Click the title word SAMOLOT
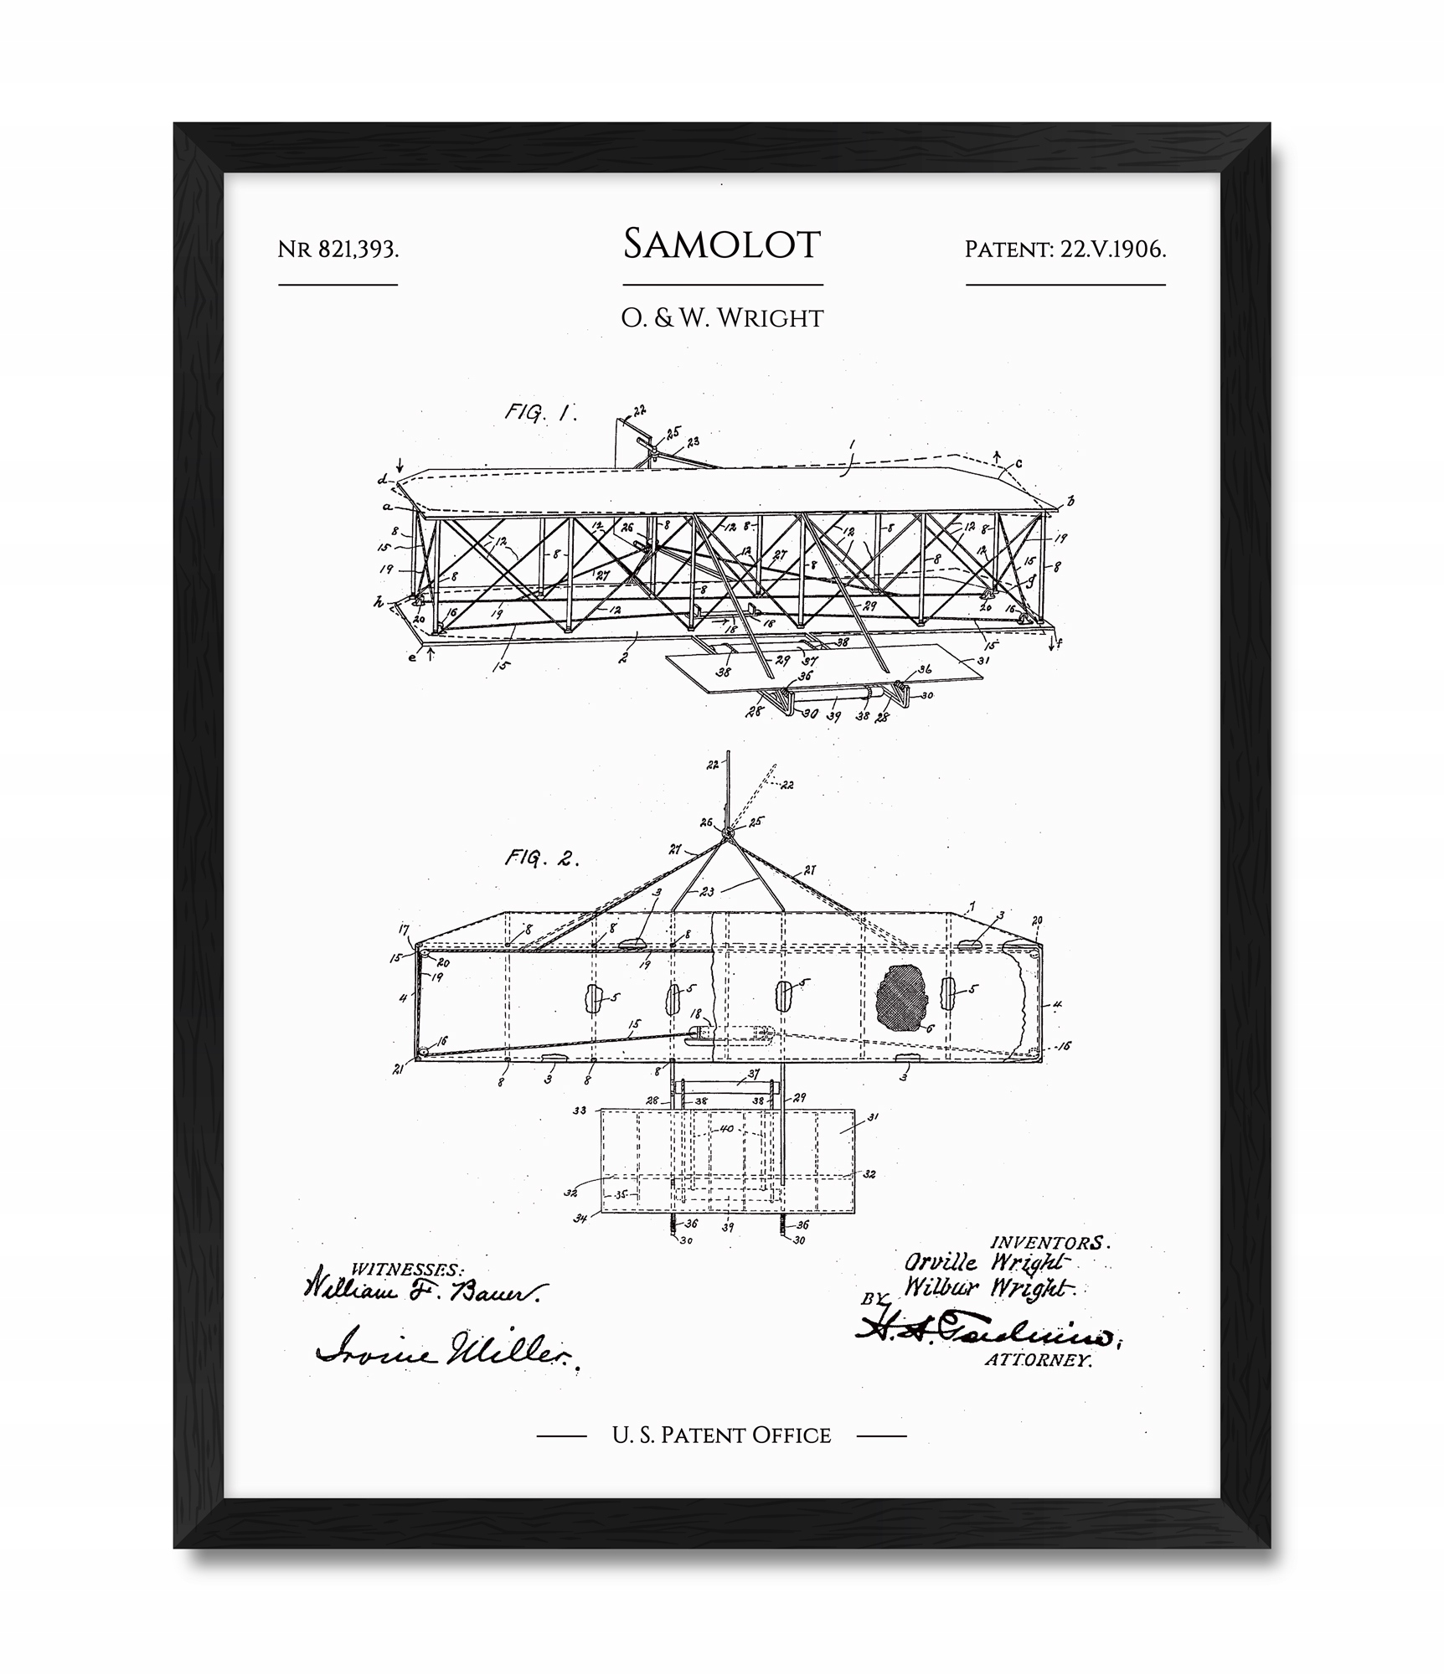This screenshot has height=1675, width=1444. coord(722,245)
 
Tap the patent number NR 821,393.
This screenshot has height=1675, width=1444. coord(338,250)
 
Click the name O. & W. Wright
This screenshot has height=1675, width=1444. coord(722,318)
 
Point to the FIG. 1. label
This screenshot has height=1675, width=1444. coord(540,413)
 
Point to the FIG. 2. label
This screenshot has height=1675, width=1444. coord(541,858)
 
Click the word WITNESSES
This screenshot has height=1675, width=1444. coord(406,1270)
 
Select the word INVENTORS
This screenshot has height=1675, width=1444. coord(1049,1243)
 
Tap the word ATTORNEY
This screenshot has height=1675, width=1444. coord(1038,1360)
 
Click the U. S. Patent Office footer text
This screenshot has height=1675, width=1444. coord(721,1435)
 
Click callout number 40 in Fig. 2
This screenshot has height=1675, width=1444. coord(726,1129)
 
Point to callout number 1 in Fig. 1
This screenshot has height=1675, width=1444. coord(851,445)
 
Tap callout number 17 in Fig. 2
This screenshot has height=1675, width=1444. coord(404,929)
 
